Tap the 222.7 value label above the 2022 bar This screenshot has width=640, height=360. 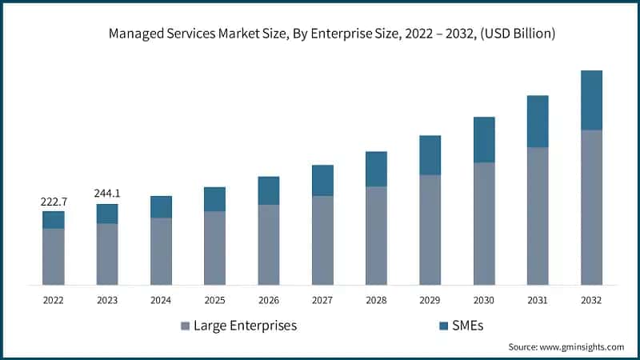tap(53, 202)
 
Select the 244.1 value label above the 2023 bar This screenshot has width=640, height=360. tap(107, 194)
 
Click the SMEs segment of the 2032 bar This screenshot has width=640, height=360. tap(592, 100)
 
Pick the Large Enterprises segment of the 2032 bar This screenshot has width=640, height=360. tap(592, 207)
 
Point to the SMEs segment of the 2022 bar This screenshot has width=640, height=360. tap(53, 220)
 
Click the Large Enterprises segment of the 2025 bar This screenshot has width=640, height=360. tap(214, 248)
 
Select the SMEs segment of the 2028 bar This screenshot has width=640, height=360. tap(376, 169)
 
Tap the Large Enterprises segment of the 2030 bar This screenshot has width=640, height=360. tap(484, 224)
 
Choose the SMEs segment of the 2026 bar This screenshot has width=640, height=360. tap(269, 190)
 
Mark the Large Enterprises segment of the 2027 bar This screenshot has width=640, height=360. tap(322, 240)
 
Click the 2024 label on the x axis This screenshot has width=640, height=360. tap(161, 300)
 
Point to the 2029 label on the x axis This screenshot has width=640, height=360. tap(430, 300)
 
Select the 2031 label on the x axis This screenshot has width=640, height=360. tap(538, 300)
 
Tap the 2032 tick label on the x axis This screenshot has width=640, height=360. tap(592, 300)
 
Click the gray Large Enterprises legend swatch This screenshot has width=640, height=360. tap(186, 326)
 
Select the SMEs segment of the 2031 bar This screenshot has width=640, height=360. tap(538, 122)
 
